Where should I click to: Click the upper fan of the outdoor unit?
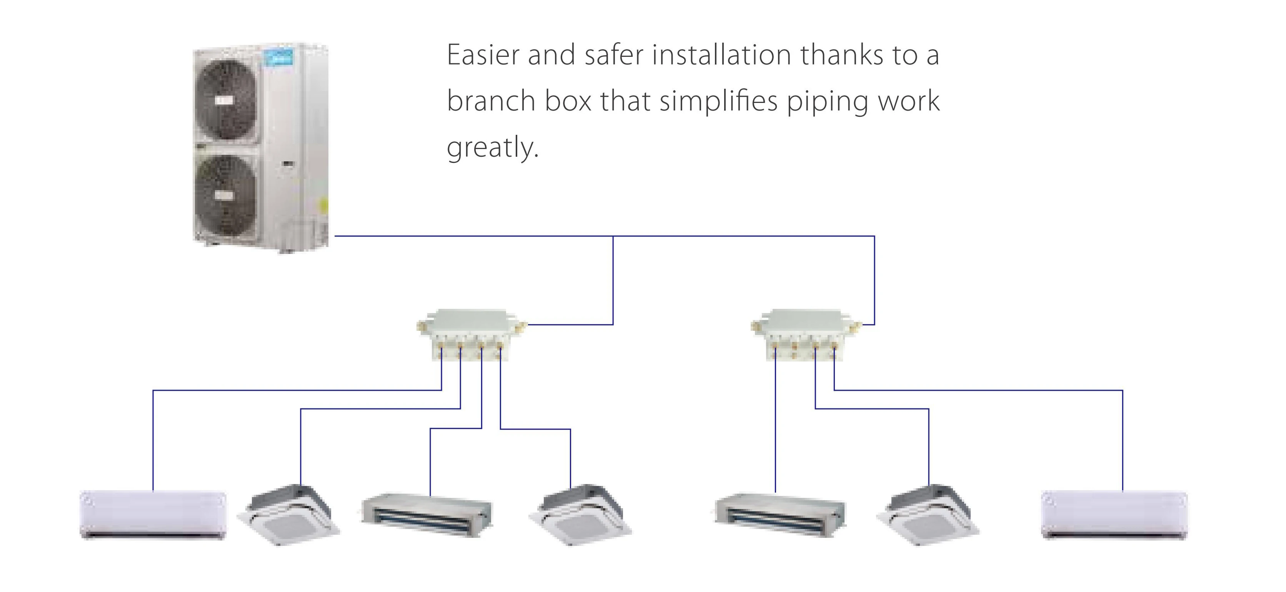click(228, 101)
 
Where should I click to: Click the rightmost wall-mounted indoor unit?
click(1114, 515)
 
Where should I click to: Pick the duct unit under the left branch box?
click(427, 515)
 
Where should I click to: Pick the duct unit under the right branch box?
click(780, 515)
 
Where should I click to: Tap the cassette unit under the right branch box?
click(928, 515)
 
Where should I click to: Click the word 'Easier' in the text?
click(483, 55)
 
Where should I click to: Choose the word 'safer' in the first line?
click(614, 55)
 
